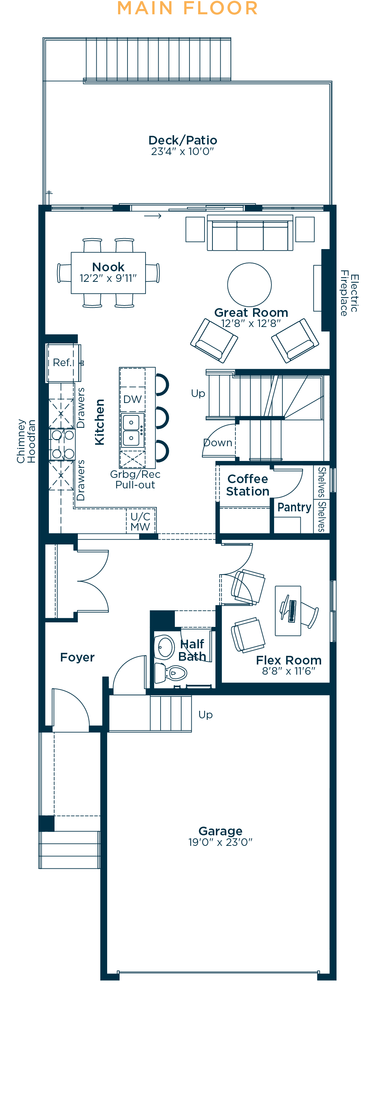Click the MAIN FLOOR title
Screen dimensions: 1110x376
pos(187,8)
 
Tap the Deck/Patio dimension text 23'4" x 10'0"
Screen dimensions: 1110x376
pos(182,152)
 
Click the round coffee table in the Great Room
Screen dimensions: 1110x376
pos(249,284)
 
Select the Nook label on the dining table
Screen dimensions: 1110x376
pos(108,267)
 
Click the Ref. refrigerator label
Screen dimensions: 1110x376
pos(62,363)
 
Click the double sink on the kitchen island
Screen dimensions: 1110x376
pos(131,430)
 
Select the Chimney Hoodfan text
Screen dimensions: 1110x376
pos(26,441)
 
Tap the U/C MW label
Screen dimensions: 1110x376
pos(140,522)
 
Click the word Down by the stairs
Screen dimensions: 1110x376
pos(218,443)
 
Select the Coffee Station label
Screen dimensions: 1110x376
pos(248,485)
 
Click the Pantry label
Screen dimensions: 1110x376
pos(294,507)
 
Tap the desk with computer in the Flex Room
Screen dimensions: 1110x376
pos(288,611)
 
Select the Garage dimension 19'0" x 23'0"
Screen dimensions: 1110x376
pos(220,842)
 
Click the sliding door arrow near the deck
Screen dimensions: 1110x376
pos(152,216)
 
